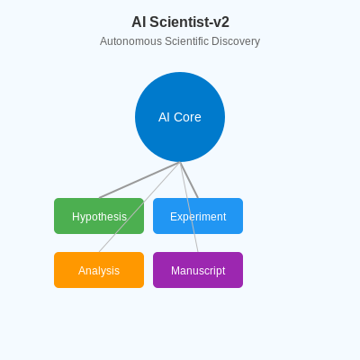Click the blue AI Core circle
coord(180,99)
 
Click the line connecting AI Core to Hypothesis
coord(139,180)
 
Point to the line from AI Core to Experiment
coord(189,180)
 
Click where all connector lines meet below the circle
coord(180,163)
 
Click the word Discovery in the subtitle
coord(237,41)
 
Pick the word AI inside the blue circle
coord(164,117)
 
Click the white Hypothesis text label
coord(99,217)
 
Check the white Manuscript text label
coord(198,271)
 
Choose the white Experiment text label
coord(198,217)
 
